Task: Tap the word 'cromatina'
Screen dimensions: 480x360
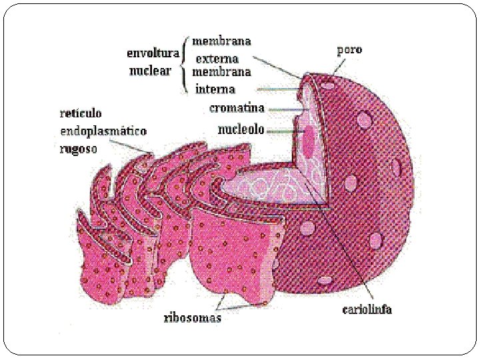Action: [x=237, y=108]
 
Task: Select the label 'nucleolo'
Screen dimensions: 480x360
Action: [x=241, y=129]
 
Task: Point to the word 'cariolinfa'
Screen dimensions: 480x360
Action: [x=367, y=309]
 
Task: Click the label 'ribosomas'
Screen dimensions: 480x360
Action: [x=193, y=318]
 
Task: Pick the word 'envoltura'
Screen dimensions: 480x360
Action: [x=153, y=53]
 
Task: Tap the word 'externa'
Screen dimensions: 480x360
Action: [x=217, y=59]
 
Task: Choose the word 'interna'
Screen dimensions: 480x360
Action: [x=215, y=89]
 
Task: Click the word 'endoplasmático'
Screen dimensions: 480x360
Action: [x=103, y=131]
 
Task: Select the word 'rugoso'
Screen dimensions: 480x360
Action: [x=78, y=149]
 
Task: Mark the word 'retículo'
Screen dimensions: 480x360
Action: [x=81, y=114]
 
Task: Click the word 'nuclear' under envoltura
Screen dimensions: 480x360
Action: [x=150, y=71]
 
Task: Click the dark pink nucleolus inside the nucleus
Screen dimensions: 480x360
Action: [x=309, y=141]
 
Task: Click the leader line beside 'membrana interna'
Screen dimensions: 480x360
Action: [x=277, y=89]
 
